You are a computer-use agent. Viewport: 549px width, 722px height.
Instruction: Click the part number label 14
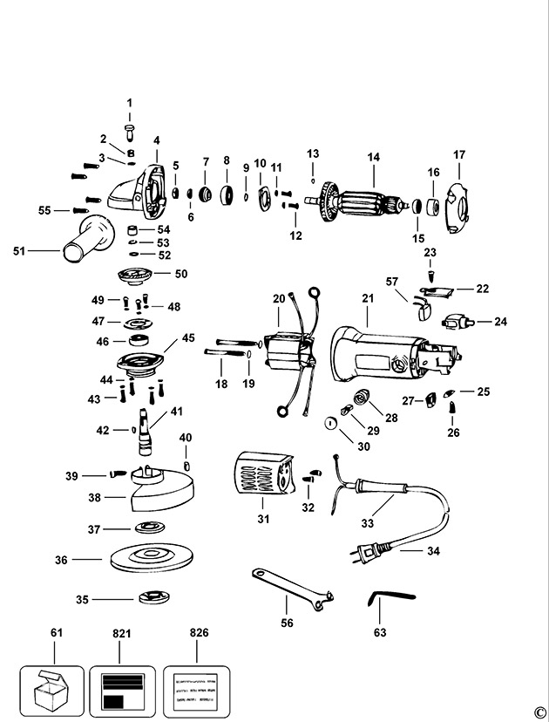pyautogui.click(x=373, y=158)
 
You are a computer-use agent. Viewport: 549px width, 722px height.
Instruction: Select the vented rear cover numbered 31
pyautogui.click(x=262, y=479)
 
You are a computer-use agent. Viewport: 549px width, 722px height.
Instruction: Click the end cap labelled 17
pyautogui.click(x=458, y=207)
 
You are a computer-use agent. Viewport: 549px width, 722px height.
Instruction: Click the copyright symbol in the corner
pyautogui.click(x=539, y=711)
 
